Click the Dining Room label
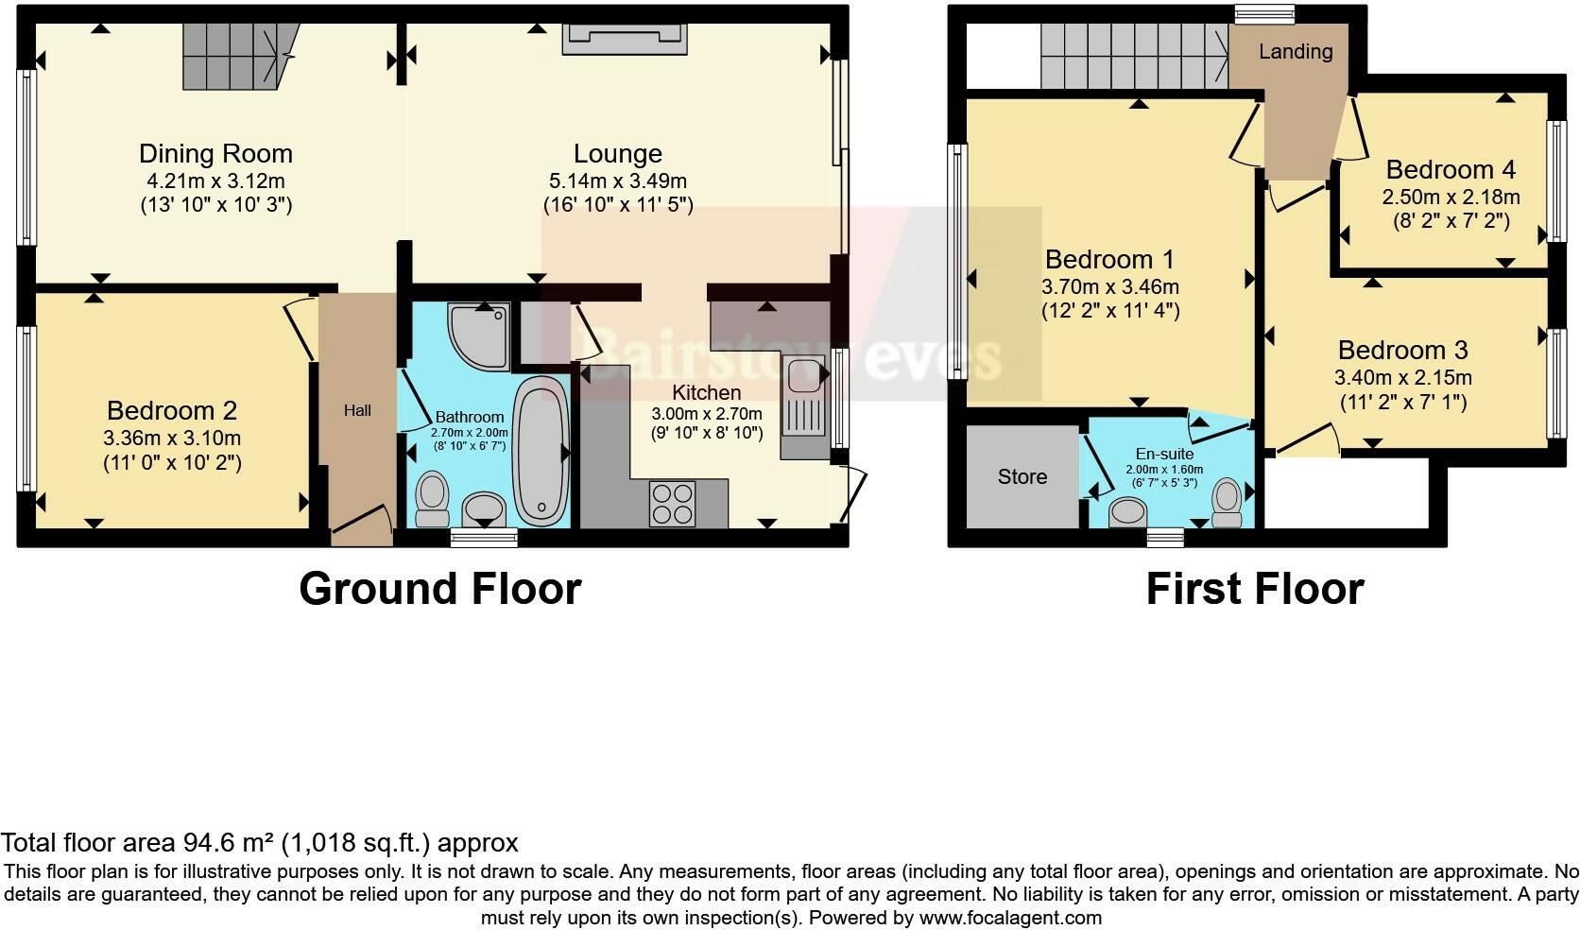[x=215, y=153]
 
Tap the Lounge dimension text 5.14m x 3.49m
[x=618, y=181]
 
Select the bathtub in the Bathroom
[x=541, y=451]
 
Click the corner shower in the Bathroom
[x=479, y=336]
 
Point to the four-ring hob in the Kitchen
[x=673, y=504]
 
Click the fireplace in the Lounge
[x=625, y=39]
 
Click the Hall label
[x=357, y=411]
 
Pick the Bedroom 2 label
[x=171, y=410]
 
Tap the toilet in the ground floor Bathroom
[x=433, y=499]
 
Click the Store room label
[x=1022, y=477]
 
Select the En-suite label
[x=1164, y=454]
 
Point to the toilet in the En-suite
[x=1228, y=503]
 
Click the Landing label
[x=1296, y=52]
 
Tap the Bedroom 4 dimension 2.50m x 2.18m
[x=1451, y=197]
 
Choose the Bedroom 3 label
[x=1403, y=350]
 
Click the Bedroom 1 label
[x=1109, y=260]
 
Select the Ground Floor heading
[x=440, y=589]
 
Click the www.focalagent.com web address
[x=1010, y=918]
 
